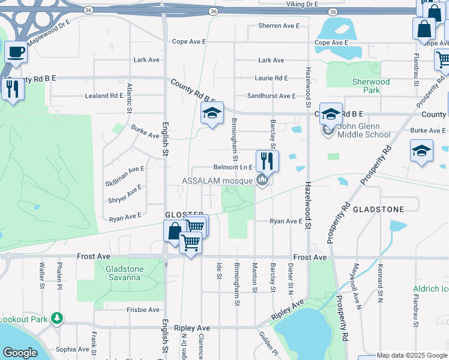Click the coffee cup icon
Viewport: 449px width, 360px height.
(x=16, y=51)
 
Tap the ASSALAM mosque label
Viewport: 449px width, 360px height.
(x=220, y=181)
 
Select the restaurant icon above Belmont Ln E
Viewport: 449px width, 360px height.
(x=267, y=161)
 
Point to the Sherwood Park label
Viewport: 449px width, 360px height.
(x=371, y=86)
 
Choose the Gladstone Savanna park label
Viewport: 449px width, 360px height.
(x=123, y=274)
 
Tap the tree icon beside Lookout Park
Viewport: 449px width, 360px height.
(x=57, y=318)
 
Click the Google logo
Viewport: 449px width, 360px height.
(x=20, y=353)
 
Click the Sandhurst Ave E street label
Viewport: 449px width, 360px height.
(x=271, y=96)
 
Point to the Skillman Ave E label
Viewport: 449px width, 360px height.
(x=125, y=170)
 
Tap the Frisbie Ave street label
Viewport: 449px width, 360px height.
(x=143, y=310)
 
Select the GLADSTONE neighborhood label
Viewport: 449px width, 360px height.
(x=378, y=209)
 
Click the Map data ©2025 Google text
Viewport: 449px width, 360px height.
(x=411, y=355)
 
